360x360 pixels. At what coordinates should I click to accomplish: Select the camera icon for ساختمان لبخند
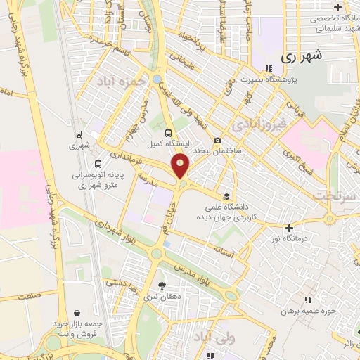[218, 141]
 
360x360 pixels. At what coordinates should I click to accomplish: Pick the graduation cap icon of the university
[226, 178]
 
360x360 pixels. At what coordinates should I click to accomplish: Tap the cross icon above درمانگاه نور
[289, 228]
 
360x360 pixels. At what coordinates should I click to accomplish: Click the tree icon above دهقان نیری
[163, 285]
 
